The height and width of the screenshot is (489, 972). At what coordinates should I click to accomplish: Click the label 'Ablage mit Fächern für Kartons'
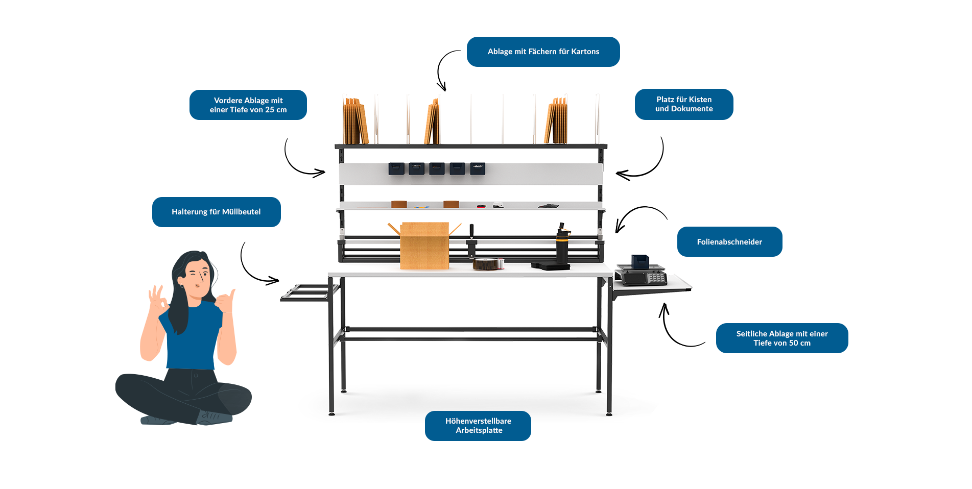pos(543,52)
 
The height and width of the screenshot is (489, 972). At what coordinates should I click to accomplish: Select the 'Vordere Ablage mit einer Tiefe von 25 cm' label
pos(248,105)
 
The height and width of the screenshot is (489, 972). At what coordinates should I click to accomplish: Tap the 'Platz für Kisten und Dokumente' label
pos(683,104)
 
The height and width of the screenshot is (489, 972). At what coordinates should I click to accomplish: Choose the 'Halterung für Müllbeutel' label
pos(216,212)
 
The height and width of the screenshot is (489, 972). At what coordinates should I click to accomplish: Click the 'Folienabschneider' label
pos(729,242)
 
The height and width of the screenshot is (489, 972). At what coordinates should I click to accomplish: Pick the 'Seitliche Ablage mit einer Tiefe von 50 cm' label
pos(781,338)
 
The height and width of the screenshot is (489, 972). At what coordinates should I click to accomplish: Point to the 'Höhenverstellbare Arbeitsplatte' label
pos(478,426)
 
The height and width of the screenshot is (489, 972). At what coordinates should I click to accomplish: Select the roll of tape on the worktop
pos(488,264)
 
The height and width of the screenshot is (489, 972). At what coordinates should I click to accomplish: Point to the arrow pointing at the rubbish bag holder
pos(255,265)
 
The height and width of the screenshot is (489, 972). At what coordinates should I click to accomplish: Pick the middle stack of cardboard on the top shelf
pos(432,123)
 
